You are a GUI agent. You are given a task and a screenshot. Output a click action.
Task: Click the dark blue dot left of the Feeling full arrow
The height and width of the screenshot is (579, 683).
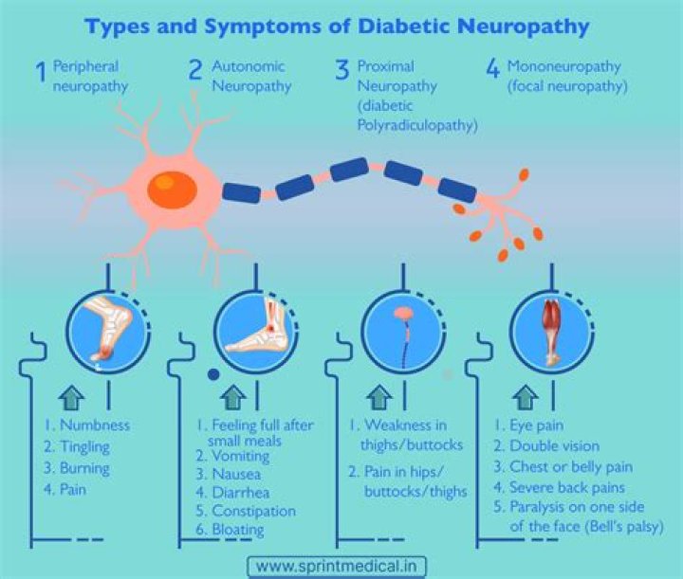[212, 374]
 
